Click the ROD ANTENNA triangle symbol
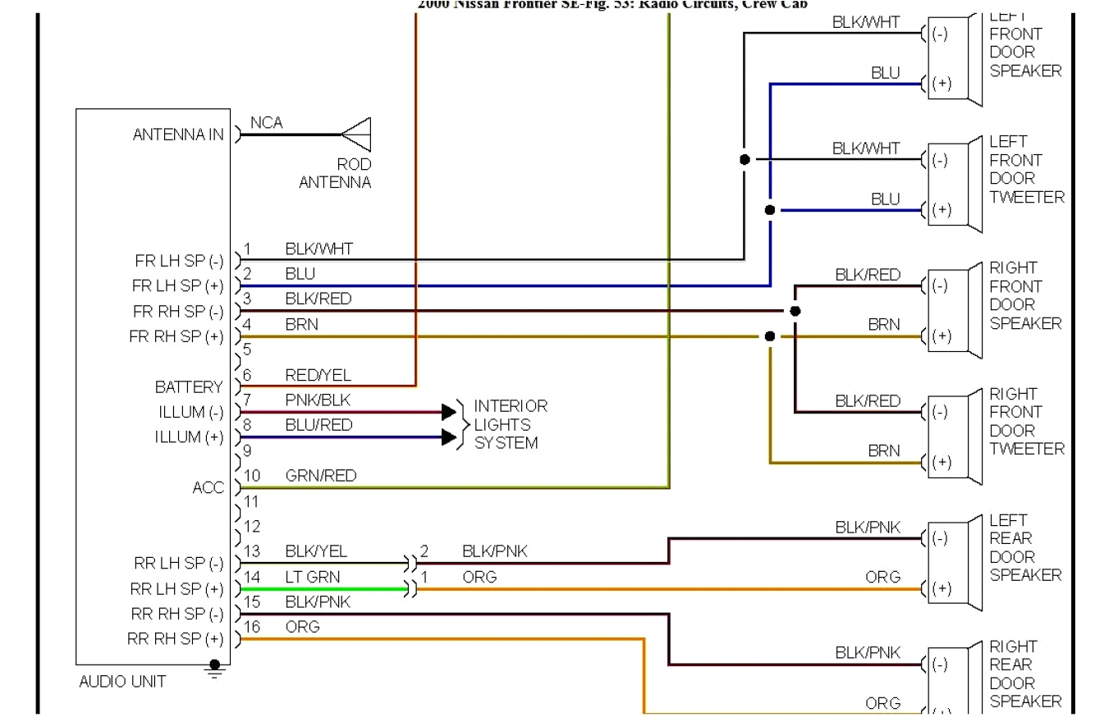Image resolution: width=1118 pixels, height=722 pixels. click(x=358, y=135)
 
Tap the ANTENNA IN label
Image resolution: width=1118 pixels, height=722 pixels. click(x=178, y=135)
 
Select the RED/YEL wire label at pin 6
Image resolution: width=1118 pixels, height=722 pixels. click(x=318, y=375)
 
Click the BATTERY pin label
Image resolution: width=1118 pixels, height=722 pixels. click(x=189, y=386)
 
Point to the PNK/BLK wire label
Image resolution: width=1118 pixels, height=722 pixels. click(x=318, y=400)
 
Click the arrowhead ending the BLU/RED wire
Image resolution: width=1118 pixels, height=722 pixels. click(x=448, y=437)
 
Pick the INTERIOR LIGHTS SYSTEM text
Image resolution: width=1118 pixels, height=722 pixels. click(x=510, y=424)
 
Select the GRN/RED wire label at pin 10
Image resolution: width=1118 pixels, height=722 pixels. click(x=320, y=476)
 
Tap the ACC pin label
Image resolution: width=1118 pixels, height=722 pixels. click(x=208, y=488)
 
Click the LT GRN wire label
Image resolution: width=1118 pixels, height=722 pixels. click(x=312, y=577)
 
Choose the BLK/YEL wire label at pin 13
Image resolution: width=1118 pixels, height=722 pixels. click(x=316, y=551)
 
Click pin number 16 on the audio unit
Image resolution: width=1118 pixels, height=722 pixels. click(x=252, y=627)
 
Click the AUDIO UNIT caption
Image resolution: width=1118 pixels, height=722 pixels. click(x=122, y=681)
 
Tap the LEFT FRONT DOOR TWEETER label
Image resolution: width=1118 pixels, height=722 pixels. click(x=1026, y=169)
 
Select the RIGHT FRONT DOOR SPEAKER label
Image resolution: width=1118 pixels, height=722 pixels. click(x=1025, y=295)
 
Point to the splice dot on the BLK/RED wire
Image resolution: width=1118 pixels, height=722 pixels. click(x=795, y=312)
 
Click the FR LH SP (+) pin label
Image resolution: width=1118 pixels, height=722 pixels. click(x=177, y=286)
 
